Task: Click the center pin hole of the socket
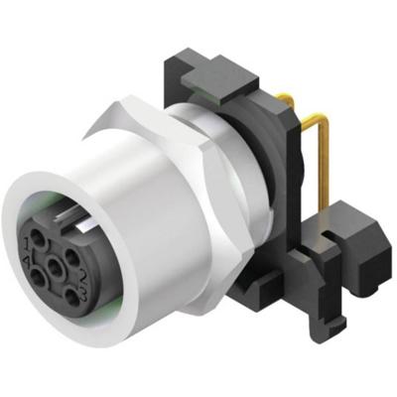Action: click(x=55, y=267)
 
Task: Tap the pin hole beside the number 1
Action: click(x=38, y=238)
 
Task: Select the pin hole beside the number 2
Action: click(x=71, y=257)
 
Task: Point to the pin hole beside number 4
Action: click(x=38, y=279)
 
